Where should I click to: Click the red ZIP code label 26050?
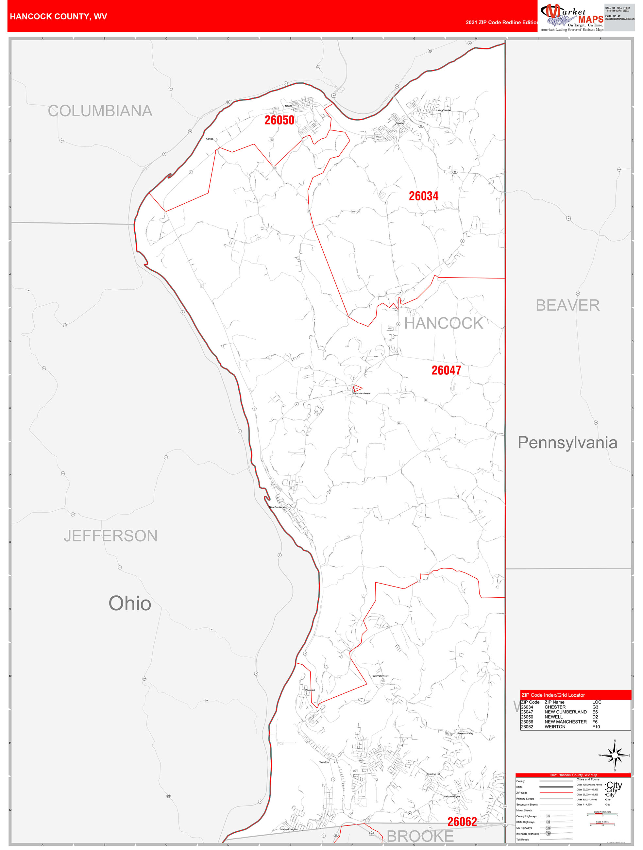[279, 120]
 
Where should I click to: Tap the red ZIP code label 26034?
[424, 196]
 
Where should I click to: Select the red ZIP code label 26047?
[446, 370]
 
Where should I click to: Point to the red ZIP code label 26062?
[462, 822]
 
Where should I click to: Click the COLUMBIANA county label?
[100, 111]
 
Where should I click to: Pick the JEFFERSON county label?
[111, 536]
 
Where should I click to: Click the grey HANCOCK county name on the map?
[444, 324]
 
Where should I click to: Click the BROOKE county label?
[420, 837]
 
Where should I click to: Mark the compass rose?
[615, 756]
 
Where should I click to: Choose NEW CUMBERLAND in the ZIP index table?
[566, 712]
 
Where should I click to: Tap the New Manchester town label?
[362, 394]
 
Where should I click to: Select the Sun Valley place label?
[378, 676]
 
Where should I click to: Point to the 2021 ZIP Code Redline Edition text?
[501, 22]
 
